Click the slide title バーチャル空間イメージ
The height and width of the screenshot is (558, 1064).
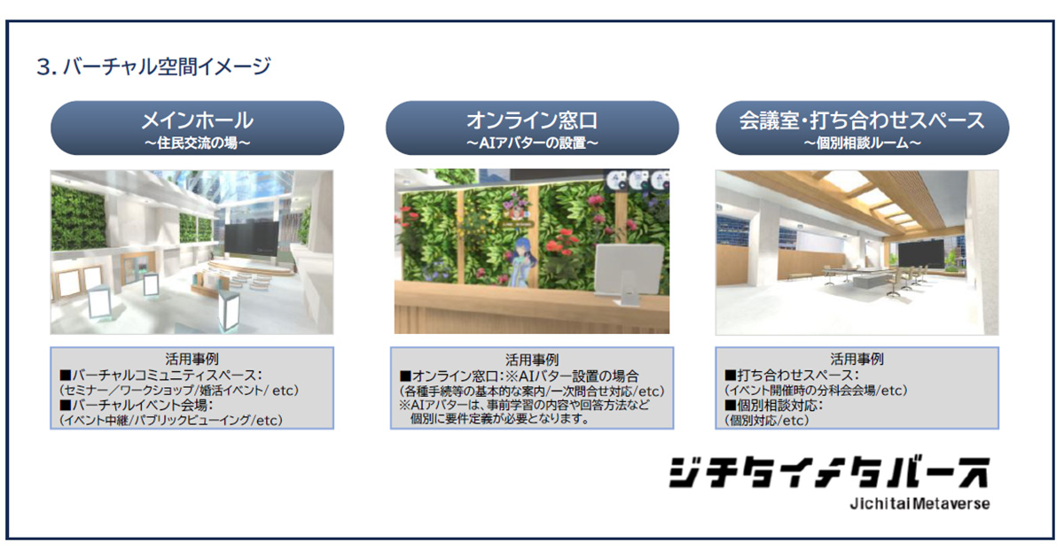(167, 66)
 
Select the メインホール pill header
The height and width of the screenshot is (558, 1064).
(198, 128)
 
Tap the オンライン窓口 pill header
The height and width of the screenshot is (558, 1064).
(532, 128)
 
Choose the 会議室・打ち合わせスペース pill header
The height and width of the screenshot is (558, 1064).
(862, 128)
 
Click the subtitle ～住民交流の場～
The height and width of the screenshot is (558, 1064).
(198, 143)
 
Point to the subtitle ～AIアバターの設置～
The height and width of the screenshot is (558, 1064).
(532, 143)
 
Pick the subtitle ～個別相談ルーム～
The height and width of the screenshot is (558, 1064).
(862, 143)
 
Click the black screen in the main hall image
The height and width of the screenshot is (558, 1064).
(251, 241)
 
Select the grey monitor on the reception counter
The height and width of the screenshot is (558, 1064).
(629, 275)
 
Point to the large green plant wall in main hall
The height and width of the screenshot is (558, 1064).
(78, 217)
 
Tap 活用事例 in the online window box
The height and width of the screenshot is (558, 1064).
(531, 360)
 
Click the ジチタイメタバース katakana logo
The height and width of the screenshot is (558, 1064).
(829, 473)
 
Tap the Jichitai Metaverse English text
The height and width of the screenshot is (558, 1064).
(920, 503)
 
